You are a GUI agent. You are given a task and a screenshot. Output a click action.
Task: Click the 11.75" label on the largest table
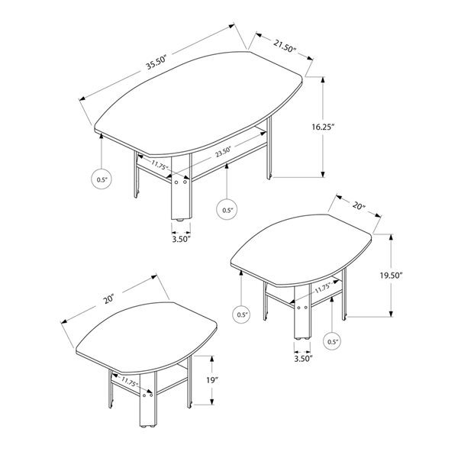(159, 165)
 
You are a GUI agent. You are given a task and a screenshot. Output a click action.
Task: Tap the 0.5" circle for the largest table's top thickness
(102, 180)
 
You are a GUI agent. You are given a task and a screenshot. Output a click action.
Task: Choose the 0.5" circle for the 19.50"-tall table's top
(243, 314)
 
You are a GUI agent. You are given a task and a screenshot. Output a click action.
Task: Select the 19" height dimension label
(211, 379)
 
